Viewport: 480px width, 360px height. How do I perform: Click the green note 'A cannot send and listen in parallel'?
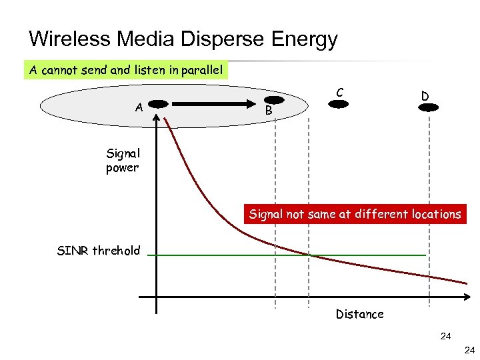(x=126, y=69)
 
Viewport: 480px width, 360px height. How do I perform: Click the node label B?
(x=268, y=110)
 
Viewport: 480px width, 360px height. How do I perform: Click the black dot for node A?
(x=157, y=104)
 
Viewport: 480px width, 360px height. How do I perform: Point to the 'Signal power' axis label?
(x=122, y=161)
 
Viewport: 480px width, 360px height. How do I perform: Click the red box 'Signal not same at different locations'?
(x=355, y=215)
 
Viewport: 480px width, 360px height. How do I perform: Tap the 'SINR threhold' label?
(x=99, y=251)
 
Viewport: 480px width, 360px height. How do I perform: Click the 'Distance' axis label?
(x=359, y=314)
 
